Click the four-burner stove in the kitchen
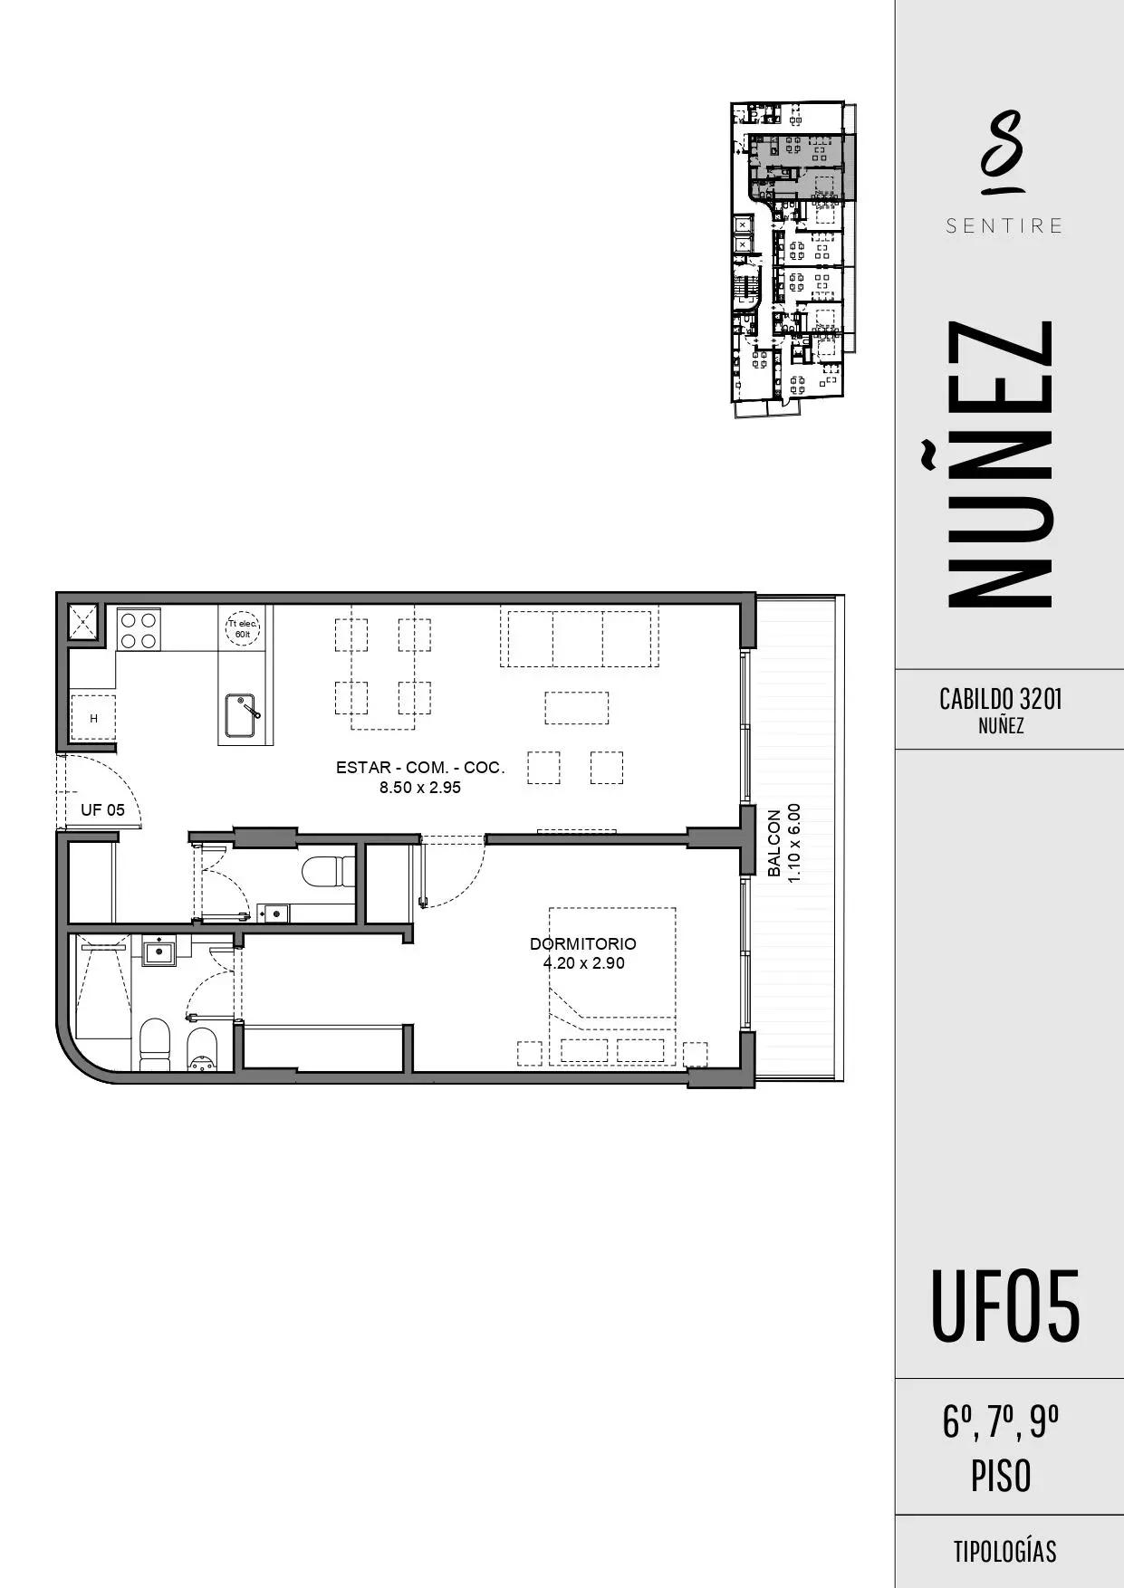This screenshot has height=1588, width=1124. click(139, 629)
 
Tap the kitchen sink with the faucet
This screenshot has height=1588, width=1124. click(242, 715)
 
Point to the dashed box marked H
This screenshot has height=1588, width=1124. click(93, 718)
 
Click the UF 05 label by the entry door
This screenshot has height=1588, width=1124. click(103, 810)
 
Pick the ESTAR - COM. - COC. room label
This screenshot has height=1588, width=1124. click(420, 768)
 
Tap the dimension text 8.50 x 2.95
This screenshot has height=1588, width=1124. click(420, 788)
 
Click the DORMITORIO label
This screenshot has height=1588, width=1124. click(583, 944)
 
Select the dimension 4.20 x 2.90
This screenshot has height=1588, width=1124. click(584, 963)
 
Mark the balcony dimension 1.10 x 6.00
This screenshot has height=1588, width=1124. click(794, 843)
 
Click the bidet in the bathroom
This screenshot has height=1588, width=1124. click(202, 1049)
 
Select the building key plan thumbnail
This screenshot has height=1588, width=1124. click(793, 259)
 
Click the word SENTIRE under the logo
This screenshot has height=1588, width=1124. click(1004, 226)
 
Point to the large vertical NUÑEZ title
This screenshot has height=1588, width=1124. click(1000, 464)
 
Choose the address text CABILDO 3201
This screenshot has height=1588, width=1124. click(1001, 699)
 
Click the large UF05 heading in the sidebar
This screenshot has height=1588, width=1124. click(1005, 1306)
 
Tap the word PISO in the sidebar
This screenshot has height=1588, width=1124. click(1001, 1477)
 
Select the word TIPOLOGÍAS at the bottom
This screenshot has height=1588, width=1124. click(1004, 1552)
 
